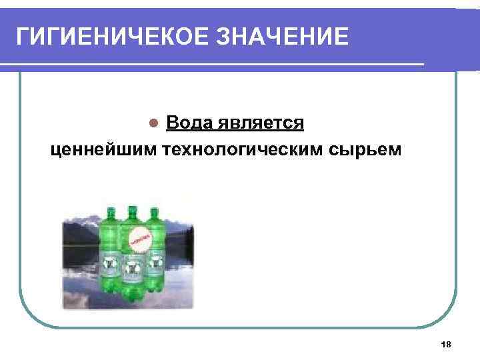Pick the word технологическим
(243, 149)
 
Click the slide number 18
(446, 344)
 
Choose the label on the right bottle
(155, 263)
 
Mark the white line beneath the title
(213, 64)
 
